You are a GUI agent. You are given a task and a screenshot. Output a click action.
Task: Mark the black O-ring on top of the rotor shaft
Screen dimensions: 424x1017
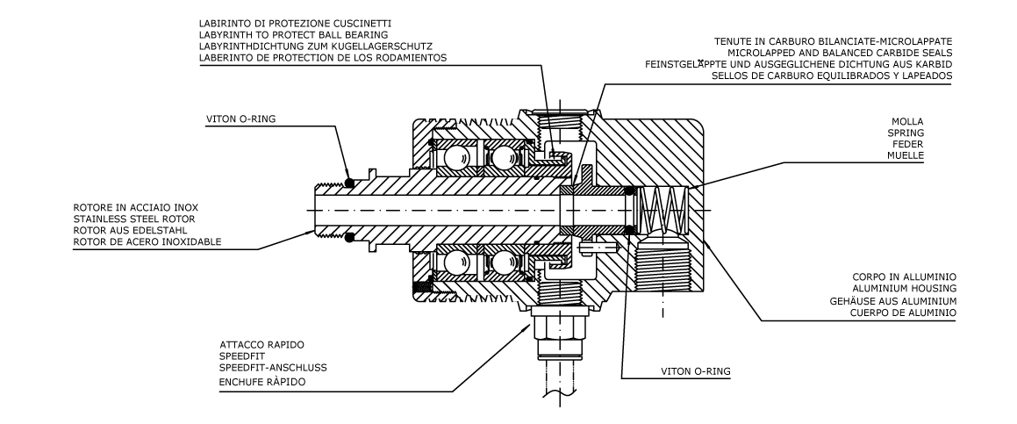(x=349, y=183)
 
